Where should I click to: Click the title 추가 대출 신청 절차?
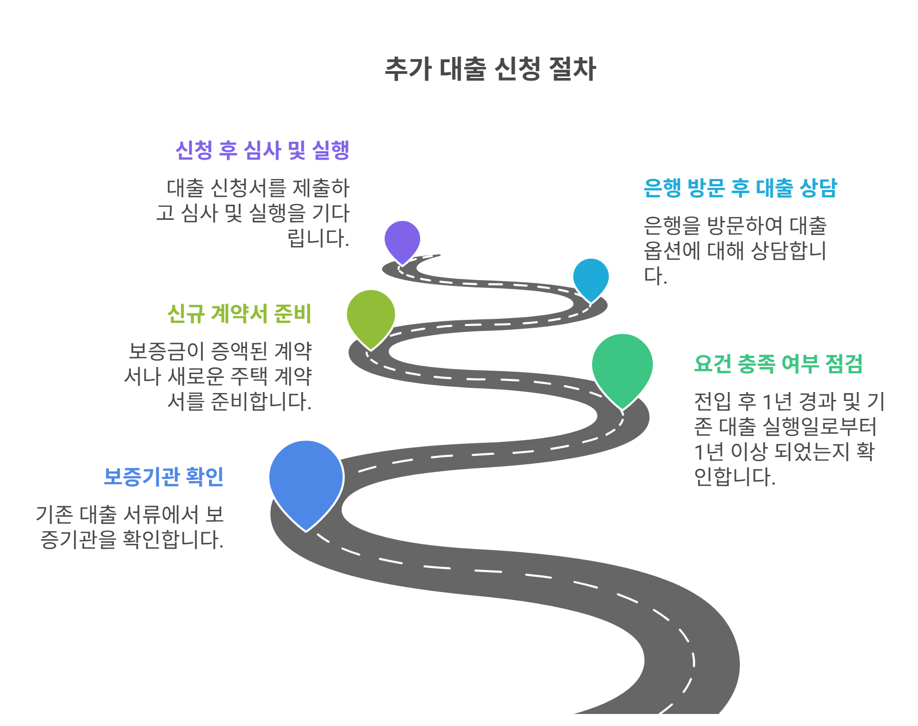point(490,69)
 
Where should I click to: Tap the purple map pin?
point(402,240)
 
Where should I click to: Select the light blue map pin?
point(591,277)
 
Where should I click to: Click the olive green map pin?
point(371,315)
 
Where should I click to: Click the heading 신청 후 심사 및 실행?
point(262,151)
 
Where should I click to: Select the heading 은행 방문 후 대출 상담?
point(740,188)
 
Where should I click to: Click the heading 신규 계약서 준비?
point(239,314)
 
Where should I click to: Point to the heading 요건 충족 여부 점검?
point(778,364)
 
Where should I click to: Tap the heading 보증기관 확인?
point(163,477)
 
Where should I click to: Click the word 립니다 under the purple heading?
point(318,239)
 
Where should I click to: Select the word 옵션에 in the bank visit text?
point(672,251)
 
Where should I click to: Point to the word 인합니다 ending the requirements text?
point(734,477)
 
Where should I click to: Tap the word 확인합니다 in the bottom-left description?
point(173,540)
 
